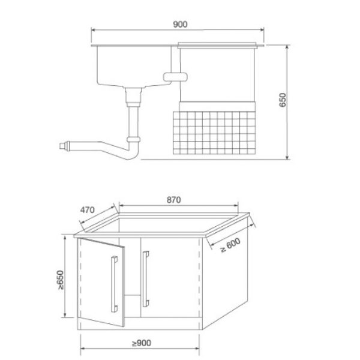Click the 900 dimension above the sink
click(x=180, y=24)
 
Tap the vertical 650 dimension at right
click(x=283, y=100)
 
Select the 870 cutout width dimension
click(x=174, y=200)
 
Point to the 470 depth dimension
click(x=87, y=210)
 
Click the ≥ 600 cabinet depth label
click(x=230, y=245)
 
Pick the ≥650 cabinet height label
click(x=60, y=280)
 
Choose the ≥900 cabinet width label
click(x=142, y=343)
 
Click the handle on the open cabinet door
click(x=114, y=284)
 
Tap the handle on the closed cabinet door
click(x=146, y=279)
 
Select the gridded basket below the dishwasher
click(x=214, y=133)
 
